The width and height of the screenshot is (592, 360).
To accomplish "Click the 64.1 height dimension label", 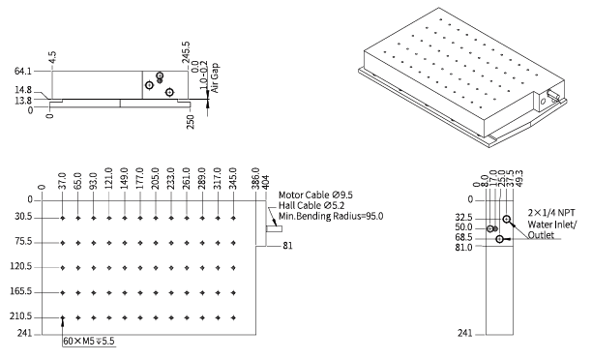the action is click(22, 71).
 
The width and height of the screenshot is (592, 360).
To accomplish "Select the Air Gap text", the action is click(215, 77).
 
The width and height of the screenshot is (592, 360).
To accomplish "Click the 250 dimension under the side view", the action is click(190, 122).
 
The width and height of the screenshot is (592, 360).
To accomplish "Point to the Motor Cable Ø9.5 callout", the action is click(315, 195).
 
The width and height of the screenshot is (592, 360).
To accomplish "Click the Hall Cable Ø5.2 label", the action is click(311, 205).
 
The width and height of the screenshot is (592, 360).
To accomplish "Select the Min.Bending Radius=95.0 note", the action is click(331, 216).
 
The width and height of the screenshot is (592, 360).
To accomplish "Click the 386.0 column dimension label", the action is click(255, 178).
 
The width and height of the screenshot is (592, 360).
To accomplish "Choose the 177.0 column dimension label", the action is click(140, 178).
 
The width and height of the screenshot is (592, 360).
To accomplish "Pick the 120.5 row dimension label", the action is click(21, 267).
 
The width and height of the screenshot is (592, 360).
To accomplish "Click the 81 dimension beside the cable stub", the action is click(287, 246).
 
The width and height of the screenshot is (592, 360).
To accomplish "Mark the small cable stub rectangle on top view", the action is click(274, 228).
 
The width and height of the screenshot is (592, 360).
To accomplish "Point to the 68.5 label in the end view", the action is click(463, 237).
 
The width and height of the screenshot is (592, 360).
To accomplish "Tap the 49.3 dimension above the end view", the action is click(518, 178).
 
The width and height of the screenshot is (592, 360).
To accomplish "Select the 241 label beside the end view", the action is click(464, 333).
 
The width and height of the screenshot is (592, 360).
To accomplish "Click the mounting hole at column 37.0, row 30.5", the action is click(63, 218).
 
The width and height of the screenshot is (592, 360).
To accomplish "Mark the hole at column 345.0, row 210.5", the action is click(234, 318).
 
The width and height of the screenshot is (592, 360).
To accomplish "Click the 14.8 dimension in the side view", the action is click(23, 90).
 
